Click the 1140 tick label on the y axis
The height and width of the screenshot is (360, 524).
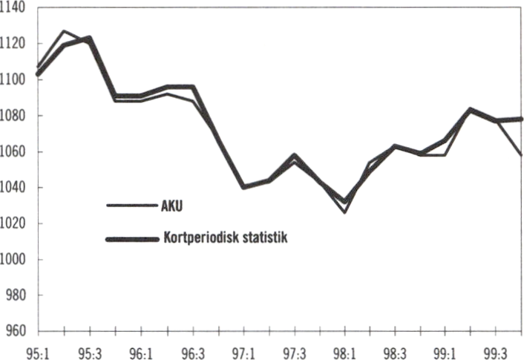click(13, 8)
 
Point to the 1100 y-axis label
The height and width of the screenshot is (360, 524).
click(13, 79)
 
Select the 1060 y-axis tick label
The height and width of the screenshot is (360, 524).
click(13, 151)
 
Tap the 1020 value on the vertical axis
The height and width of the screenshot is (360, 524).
click(13, 223)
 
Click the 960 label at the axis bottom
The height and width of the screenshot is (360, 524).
click(13, 331)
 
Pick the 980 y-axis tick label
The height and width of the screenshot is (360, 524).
click(13, 295)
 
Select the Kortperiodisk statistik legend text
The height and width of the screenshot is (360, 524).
click(223, 239)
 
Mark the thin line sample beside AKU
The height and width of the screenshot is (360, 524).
click(131, 206)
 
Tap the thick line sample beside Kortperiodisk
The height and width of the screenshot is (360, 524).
click(131, 239)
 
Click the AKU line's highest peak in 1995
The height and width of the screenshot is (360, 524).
click(64, 31)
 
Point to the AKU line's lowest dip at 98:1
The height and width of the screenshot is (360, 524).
click(345, 212)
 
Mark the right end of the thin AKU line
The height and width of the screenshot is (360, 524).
click(522, 155)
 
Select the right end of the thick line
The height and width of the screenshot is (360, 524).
click(522, 119)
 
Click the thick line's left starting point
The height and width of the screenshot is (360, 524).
click(38, 74)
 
